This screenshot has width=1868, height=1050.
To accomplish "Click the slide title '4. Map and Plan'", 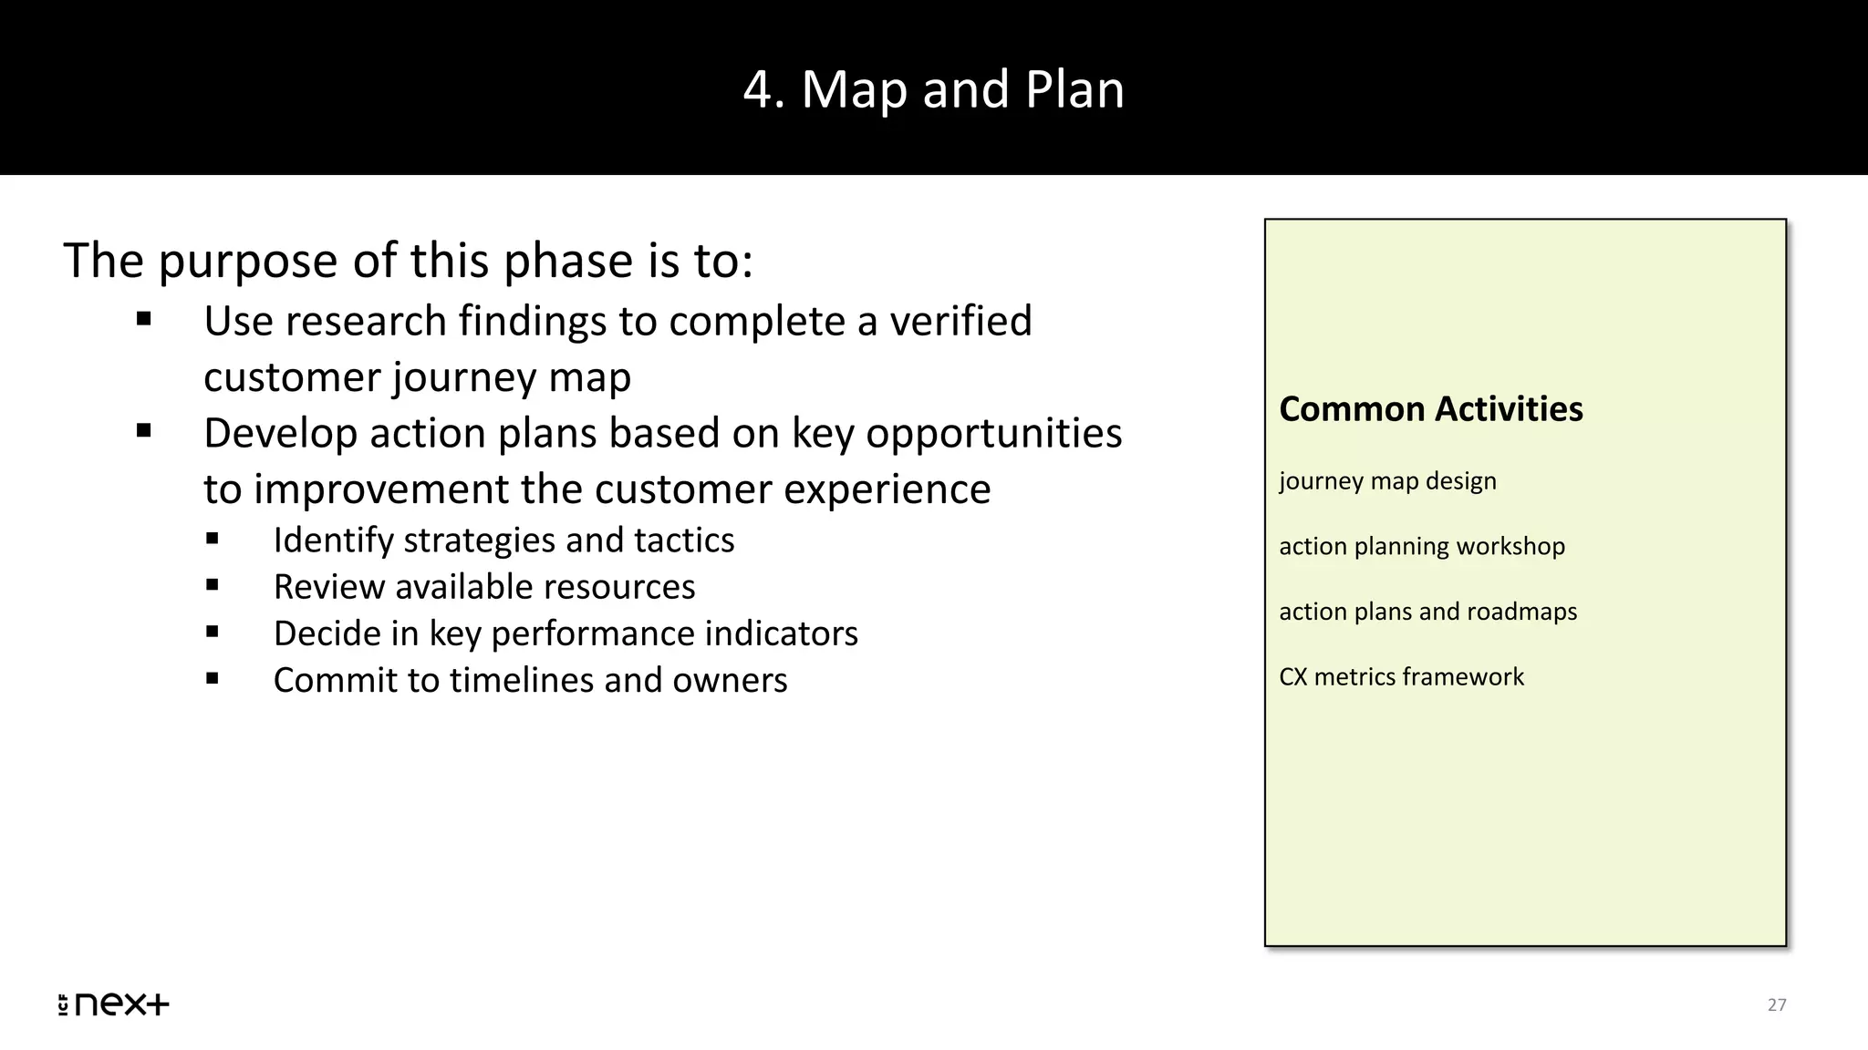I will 933,89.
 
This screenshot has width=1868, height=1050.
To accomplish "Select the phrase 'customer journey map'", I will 417,377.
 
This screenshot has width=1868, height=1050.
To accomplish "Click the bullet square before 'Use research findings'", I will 143,320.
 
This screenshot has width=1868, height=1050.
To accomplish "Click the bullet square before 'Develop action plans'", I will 143,431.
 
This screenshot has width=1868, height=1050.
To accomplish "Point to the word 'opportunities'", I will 993,434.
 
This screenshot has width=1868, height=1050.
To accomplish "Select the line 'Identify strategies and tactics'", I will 503,540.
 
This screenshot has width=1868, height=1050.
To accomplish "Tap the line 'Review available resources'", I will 483,587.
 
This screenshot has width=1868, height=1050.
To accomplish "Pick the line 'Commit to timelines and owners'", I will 529,680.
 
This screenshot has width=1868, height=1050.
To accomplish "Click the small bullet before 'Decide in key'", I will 213,632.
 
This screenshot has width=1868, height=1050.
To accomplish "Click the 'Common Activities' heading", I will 1430,409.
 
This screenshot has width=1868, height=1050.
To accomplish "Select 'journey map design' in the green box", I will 1387,481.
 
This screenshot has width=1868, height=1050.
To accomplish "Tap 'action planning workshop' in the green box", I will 1421,546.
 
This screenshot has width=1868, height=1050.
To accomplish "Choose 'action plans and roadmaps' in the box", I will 1427,612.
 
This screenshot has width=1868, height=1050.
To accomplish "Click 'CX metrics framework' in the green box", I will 1401,677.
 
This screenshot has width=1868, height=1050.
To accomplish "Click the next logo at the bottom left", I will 113,1004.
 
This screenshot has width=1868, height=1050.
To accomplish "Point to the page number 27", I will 1776,1004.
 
